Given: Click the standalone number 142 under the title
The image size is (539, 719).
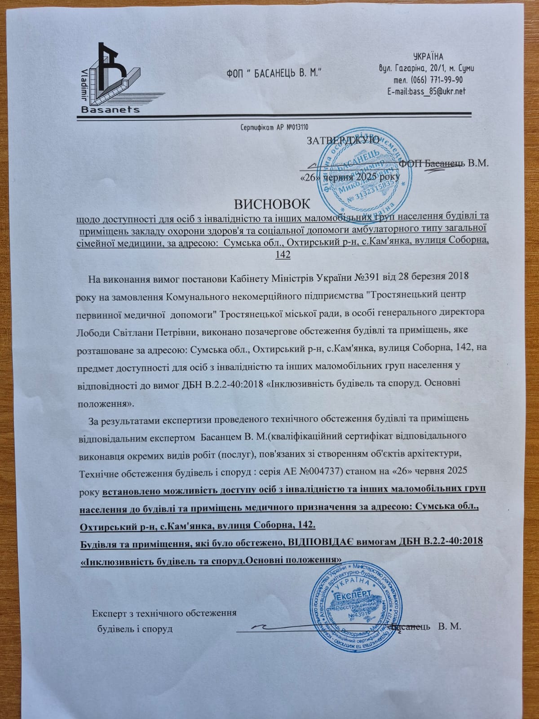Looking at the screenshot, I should (282, 255).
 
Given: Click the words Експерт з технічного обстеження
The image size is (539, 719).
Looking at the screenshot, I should (164, 613).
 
